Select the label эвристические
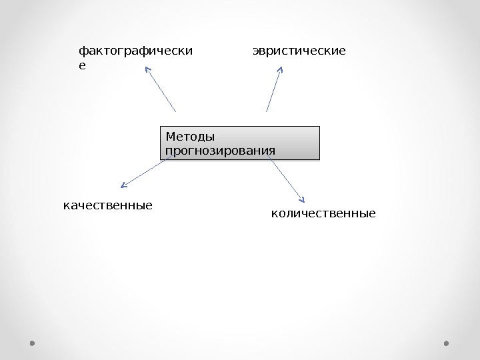click(299, 50)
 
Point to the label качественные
click(107, 205)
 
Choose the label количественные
click(323, 214)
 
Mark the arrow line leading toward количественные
click(287, 179)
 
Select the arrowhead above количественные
click(303, 199)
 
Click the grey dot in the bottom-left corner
click(32, 343)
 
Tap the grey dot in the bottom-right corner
click(446, 343)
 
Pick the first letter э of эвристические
click(256, 51)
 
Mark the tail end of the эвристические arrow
click(267, 111)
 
